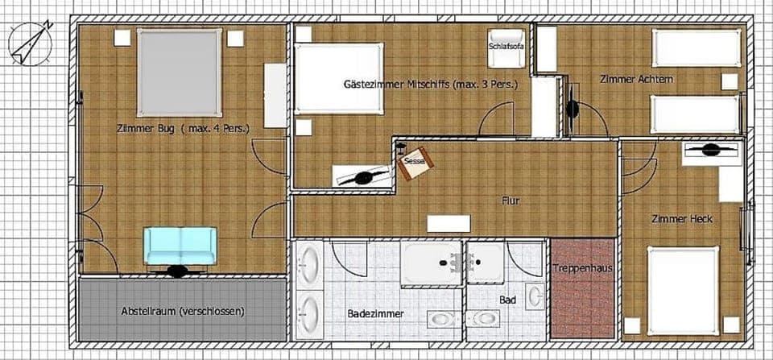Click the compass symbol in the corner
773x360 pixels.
point(31,43)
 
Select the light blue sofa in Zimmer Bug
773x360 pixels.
point(180,245)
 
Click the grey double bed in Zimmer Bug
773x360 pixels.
point(179,72)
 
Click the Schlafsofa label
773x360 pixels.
point(505,46)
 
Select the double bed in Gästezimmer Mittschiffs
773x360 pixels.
point(337,78)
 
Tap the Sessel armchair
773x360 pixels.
point(416,160)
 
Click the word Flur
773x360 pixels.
point(510,201)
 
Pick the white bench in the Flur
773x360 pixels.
point(448,224)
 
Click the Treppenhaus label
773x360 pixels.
point(584,269)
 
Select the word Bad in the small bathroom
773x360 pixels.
point(507,299)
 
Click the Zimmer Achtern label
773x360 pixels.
point(636,79)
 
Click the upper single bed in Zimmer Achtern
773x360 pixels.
point(697,48)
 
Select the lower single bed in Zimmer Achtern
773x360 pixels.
point(694,114)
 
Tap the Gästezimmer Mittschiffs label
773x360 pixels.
point(429,84)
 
